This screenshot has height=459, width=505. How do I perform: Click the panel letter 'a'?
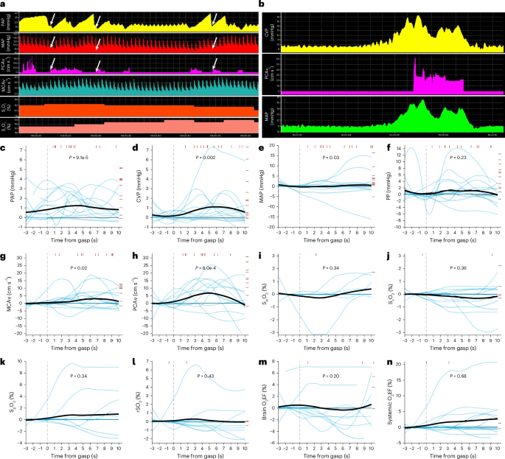(x=4, y=4)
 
